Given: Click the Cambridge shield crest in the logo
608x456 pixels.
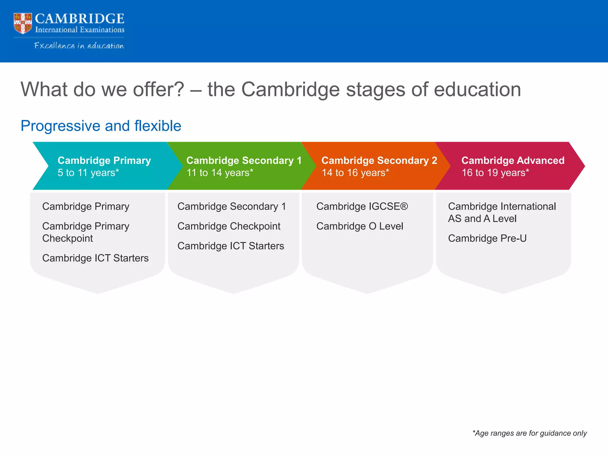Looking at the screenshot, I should click(x=23, y=23).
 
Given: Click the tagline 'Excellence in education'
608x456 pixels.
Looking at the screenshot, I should click(x=79, y=46).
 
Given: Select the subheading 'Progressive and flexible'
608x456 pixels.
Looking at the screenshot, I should click(x=101, y=126).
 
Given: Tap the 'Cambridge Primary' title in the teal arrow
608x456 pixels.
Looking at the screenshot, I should click(x=104, y=160).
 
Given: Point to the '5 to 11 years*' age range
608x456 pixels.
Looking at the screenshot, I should click(x=88, y=173).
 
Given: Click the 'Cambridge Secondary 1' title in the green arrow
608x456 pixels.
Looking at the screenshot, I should click(x=244, y=160).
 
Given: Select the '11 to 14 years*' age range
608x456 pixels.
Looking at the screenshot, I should click(x=220, y=173).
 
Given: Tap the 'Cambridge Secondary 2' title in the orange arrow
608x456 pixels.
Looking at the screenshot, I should click(x=379, y=160).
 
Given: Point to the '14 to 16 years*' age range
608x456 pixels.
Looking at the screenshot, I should click(x=355, y=173).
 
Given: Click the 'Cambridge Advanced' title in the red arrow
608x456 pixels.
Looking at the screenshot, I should click(x=513, y=160).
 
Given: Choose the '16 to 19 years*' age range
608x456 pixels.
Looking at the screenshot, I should click(x=495, y=173).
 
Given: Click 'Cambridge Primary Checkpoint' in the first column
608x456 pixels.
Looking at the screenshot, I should click(x=85, y=232).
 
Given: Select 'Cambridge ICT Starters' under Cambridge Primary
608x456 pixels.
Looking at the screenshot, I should click(x=95, y=258).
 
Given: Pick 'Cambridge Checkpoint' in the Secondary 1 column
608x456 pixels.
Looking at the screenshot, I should click(x=229, y=226).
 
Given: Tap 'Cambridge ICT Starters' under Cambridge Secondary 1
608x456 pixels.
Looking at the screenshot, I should click(x=231, y=246).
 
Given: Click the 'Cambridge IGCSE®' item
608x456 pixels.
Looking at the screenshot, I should click(x=362, y=206).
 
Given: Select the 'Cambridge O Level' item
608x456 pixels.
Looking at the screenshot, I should click(x=360, y=226).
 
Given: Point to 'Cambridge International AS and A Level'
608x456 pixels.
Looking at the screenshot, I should click(x=502, y=212).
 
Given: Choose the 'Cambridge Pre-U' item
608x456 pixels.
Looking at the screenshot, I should click(x=487, y=238).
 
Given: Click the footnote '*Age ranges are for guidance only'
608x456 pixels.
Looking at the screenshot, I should click(x=529, y=433).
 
